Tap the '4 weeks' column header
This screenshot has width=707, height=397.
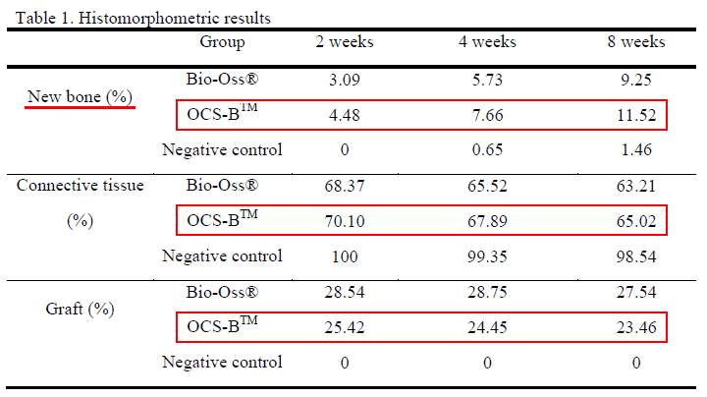pyautogui.click(x=486, y=42)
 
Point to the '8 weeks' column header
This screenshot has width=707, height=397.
pyautogui.click(x=635, y=42)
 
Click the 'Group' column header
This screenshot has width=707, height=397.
pyautogui.click(x=222, y=42)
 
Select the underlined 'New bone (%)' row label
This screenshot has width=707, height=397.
pyautogui.click(x=81, y=96)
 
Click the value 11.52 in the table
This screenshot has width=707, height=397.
pyautogui.click(x=635, y=115)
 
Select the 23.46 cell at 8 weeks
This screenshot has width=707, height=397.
pyautogui.click(x=635, y=327)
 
